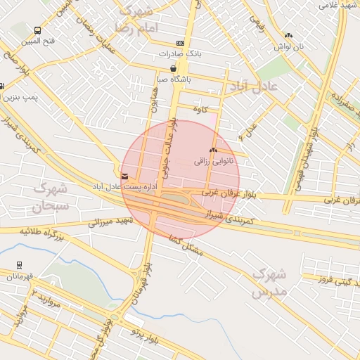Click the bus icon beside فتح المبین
point(37,31)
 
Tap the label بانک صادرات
point(180,53)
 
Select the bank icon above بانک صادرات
point(180,43)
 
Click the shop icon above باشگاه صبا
point(173,68)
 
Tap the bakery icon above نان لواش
point(288,36)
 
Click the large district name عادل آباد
point(254,86)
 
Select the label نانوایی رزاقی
point(218,161)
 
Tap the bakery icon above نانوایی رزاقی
point(213,150)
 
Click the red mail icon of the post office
point(124,176)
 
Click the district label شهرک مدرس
point(268,281)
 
